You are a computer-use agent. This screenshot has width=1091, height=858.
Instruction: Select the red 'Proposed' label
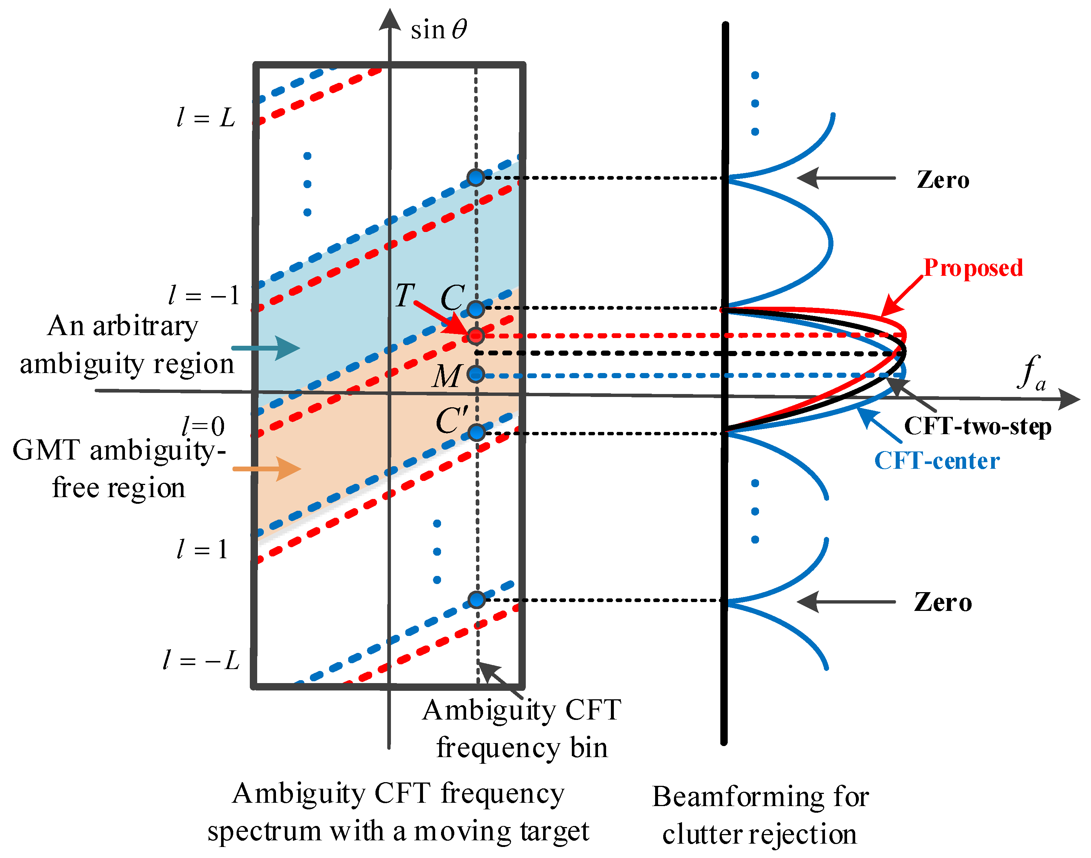(x=973, y=268)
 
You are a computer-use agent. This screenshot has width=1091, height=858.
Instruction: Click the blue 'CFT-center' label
(x=937, y=461)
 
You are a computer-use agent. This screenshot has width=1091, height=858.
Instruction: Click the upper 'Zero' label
(x=943, y=179)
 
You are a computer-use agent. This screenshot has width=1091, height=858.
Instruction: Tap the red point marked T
(x=475, y=335)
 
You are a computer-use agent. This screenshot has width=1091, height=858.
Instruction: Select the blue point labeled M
(x=475, y=374)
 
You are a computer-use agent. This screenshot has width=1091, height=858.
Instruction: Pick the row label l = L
(x=206, y=119)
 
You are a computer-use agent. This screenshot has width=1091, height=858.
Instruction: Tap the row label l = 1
(x=203, y=549)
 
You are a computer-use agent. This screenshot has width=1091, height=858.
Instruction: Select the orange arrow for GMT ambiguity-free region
(x=266, y=469)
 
